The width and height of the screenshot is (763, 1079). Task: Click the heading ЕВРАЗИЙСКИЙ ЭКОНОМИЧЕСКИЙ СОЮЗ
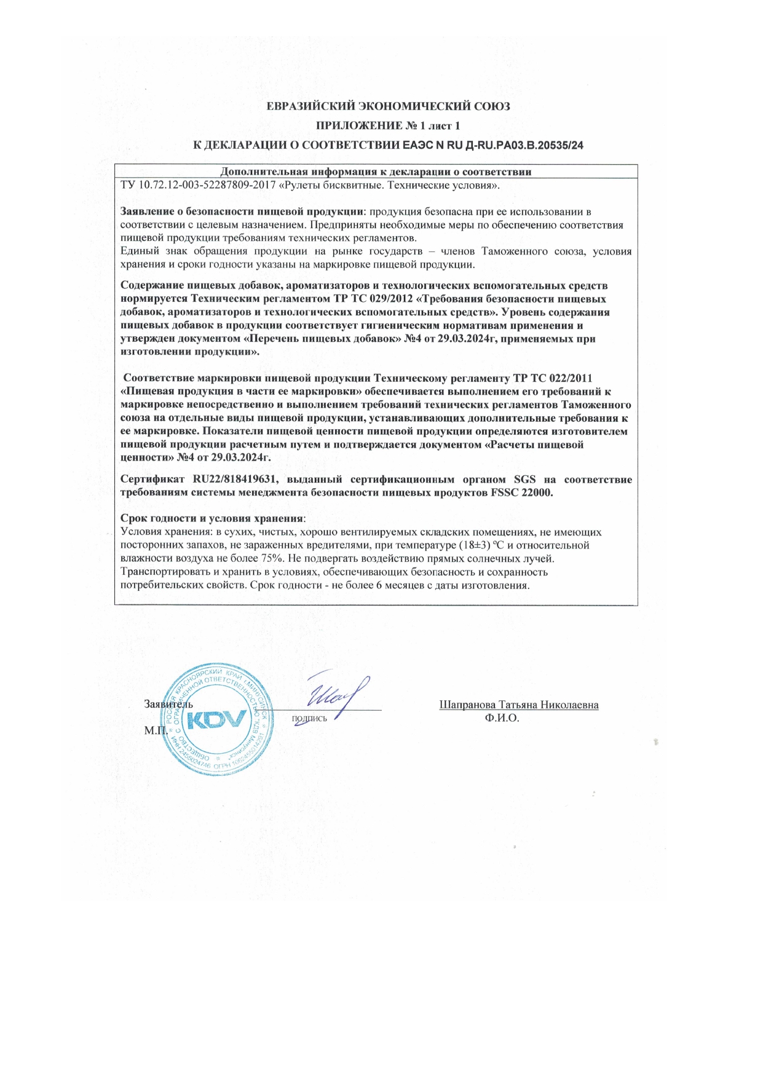point(387,106)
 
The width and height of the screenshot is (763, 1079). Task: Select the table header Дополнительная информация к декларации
point(376,172)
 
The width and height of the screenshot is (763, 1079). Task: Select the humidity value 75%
point(271,559)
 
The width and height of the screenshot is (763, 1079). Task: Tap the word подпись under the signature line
point(309,717)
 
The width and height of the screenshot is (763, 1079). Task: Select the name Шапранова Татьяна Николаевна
point(519,705)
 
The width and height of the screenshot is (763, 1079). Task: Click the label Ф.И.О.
point(502,717)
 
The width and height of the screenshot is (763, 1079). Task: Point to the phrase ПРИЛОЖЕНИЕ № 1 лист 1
point(387,126)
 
